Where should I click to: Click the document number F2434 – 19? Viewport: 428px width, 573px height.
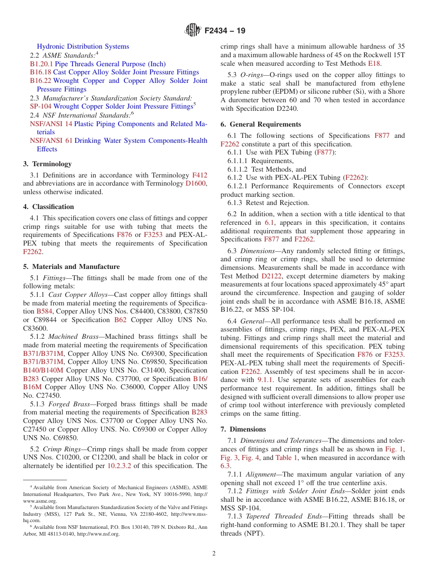point(225,31)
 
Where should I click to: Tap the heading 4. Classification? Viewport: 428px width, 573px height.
point(48,207)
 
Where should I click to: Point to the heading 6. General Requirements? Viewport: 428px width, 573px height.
point(260,124)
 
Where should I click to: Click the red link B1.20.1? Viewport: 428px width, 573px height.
point(41,64)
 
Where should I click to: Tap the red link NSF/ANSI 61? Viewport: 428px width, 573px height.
point(51,141)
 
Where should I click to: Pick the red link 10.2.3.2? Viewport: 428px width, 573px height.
point(119,466)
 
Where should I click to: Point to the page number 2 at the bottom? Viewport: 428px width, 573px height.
point(214,553)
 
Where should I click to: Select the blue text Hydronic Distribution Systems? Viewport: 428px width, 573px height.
point(83,46)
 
